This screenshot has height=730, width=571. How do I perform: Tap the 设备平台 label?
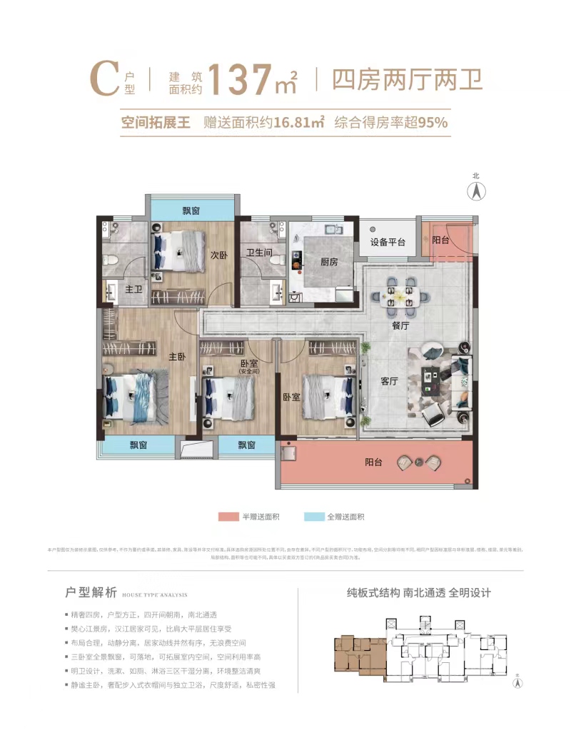coord(388,242)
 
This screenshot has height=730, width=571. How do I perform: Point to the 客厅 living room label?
coord(389,381)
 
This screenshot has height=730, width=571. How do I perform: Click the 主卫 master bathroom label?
coord(135,290)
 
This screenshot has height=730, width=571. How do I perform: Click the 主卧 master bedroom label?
coord(177,356)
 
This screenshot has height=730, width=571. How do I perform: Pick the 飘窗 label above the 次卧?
coord(191,210)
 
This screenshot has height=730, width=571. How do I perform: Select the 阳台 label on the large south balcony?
coord(373,462)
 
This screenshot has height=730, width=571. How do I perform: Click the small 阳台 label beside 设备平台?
coord(441,240)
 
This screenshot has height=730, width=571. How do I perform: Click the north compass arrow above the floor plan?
coord(476,191)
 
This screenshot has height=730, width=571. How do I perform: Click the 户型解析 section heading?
coord(91,592)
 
